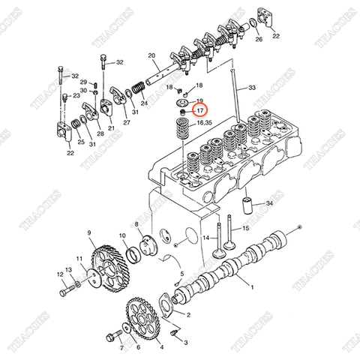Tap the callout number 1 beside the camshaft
coord(251,287)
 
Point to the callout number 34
coord(269,203)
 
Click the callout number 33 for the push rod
coord(251,88)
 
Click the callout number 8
coord(136,224)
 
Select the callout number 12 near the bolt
coord(61,274)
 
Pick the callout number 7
coord(119,349)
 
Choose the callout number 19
coord(199,100)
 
